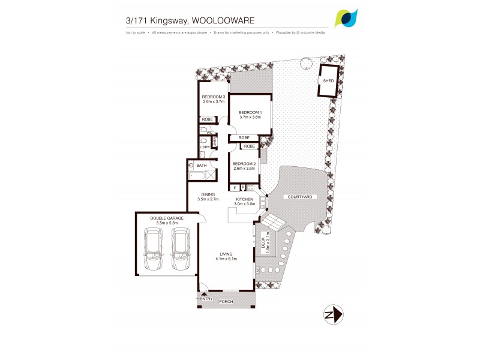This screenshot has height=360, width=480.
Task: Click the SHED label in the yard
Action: (x=328, y=80)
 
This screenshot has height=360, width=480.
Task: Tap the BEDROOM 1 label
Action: (x=250, y=113)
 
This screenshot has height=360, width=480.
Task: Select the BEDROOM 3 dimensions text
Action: (x=213, y=101)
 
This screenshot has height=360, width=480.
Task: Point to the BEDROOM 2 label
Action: (x=244, y=164)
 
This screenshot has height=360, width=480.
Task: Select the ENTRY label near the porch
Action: (x=207, y=298)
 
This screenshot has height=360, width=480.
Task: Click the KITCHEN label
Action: (x=244, y=199)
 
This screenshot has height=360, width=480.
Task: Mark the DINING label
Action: (x=208, y=194)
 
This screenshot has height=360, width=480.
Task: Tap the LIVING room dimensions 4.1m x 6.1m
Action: (x=227, y=259)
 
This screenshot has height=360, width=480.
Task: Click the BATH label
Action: (x=202, y=166)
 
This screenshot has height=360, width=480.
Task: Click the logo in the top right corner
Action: (x=346, y=18)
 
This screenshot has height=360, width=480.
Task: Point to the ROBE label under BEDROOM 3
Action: (x=206, y=119)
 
